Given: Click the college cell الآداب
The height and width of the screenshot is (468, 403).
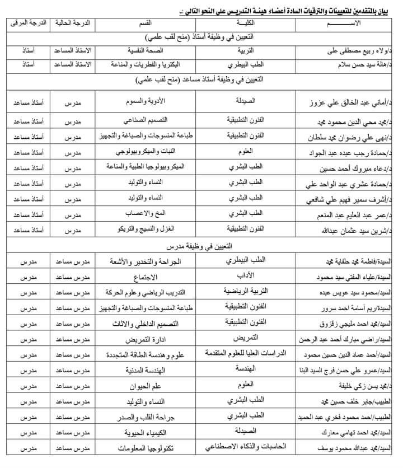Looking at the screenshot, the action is (x=247, y=276).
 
